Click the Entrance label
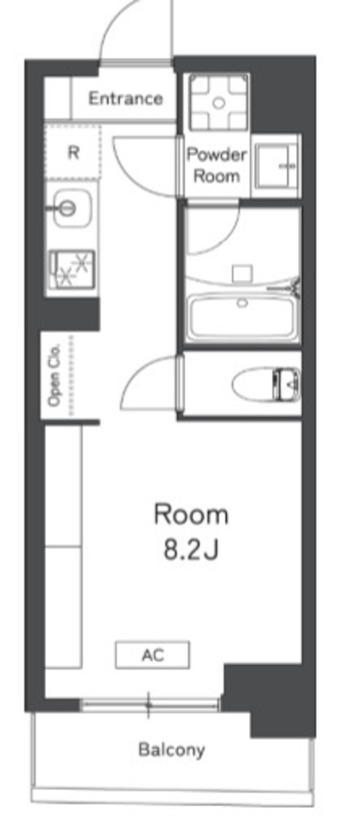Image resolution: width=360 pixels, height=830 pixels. (x=126, y=98)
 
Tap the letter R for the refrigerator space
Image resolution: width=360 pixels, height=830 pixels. (x=74, y=152)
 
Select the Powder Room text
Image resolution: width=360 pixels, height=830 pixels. (x=217, y=165)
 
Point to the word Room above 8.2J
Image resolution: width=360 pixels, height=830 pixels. (x=191, y=515)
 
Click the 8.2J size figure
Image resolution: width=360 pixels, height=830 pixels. (x=191, y=550)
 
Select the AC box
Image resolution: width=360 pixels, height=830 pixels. (x=152, y=655)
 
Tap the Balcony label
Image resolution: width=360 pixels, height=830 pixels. (x=172, y=750)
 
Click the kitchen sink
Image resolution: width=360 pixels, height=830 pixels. (x=71, y=208)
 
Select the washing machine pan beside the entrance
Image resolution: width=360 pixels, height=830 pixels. (x=219, y=103)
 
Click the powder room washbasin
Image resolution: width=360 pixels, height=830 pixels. (x=276, y=165)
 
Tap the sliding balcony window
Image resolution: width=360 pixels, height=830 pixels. (x=149, y=704)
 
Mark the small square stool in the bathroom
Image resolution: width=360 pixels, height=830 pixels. (x=242, y=274)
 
